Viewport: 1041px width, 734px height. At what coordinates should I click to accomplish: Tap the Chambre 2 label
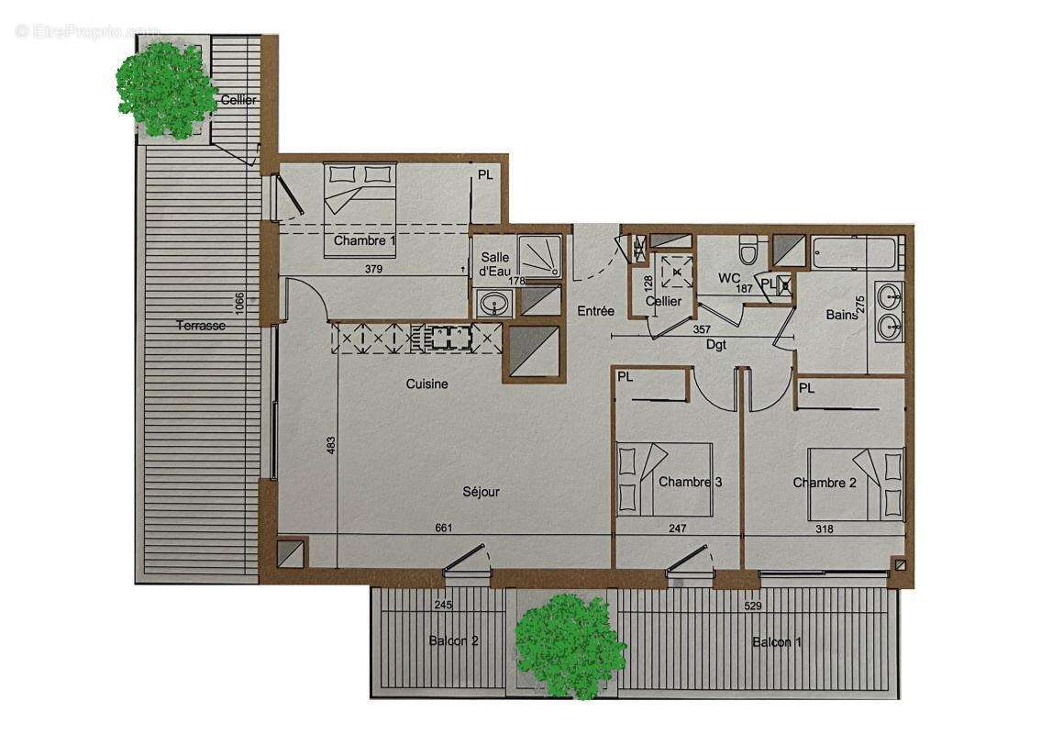pyautogui.click(x=824, y=483)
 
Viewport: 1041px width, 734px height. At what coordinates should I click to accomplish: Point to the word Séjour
pyautogui.click(x=482, y=492)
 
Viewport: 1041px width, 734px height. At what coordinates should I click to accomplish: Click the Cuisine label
pyautogui.click(x=427, y=384)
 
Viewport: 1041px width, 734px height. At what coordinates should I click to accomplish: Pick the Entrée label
pyautogui.click(x=595, y=312)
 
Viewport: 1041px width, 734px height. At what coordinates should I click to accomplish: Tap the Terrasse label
pyautogui.click(x=201, y=325)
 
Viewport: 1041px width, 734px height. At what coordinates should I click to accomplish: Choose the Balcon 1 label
pyautogui.click(x=776, y=642)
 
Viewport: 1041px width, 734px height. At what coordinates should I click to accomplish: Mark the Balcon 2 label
pyautogui.click(x=453, y=640)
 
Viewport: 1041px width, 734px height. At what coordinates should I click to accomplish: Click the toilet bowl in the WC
pyautogui.click(x=748, y=248)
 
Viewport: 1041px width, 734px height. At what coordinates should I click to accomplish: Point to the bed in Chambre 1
pyautogui.click(x=360, y=189)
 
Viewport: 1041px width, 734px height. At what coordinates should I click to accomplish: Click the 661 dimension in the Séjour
pyautogui.click(x=444, y=528)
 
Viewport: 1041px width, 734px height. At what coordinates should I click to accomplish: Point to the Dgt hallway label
pyautogui.click(x=716, y=345)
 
